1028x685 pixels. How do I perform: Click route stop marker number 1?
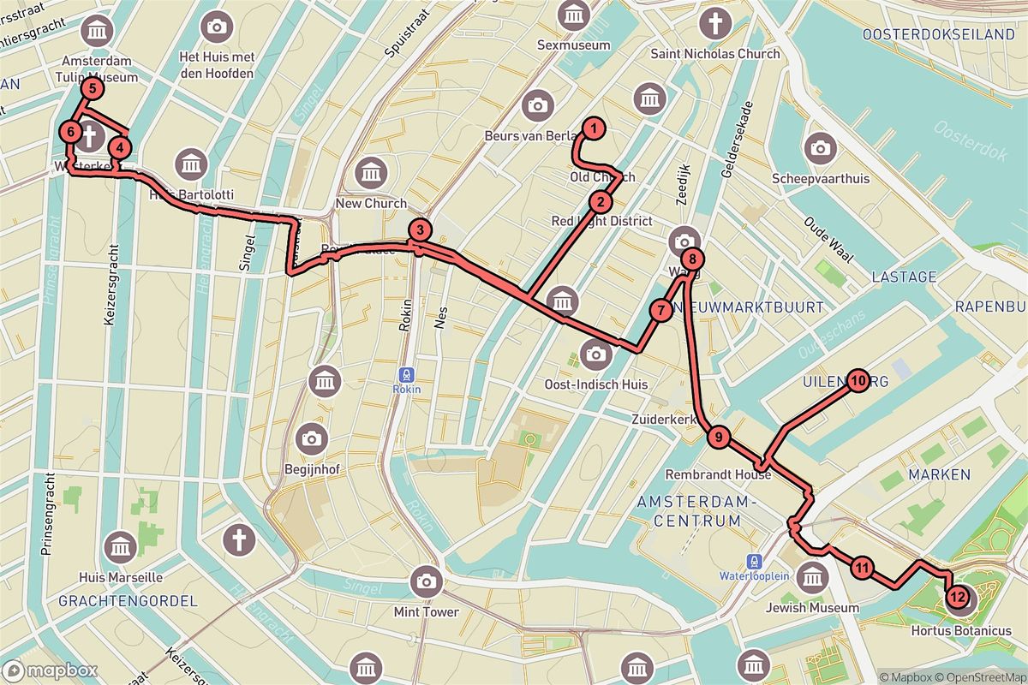point(592,129)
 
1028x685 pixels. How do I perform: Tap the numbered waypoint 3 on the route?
point(419,229)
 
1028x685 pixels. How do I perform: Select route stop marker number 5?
point(92,88)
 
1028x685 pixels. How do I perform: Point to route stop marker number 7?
point(660,310)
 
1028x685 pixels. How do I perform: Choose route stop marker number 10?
point(858,380)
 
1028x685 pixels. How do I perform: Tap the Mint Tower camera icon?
point(426,582)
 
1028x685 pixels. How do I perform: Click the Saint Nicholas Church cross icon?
point(714,23)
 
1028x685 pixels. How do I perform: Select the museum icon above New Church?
point(372,173)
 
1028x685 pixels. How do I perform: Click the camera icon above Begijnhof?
point(311,439)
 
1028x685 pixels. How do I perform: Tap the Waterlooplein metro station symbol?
point(754,562)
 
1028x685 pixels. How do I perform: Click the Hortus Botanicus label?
point(960,631)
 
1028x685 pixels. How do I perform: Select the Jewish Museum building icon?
point(810,578)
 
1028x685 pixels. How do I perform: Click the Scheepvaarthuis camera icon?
point(820,148)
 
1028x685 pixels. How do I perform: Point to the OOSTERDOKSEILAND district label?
point(939,34)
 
